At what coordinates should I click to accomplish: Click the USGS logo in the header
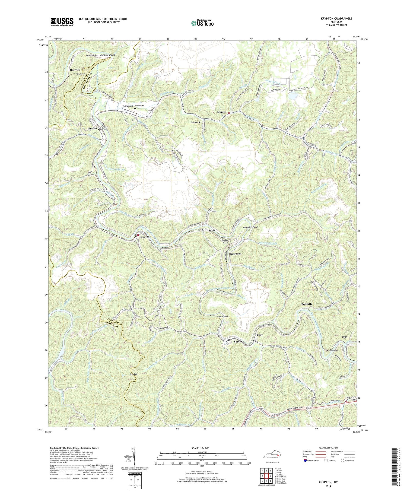point(62,22)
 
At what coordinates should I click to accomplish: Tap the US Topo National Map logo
point(202,23)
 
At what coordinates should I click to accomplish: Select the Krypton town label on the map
point(144,237)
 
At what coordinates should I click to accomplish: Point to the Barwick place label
point(75,70)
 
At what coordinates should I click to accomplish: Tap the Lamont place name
point(195,122)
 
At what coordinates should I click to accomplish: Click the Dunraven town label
point(235,254)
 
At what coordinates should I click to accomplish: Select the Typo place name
point(344,337)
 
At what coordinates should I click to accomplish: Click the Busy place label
point(260,335)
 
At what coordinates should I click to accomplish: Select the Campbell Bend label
point(250,227)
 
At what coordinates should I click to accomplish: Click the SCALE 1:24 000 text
point(188,448)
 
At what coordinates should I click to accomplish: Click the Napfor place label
point(211,230)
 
